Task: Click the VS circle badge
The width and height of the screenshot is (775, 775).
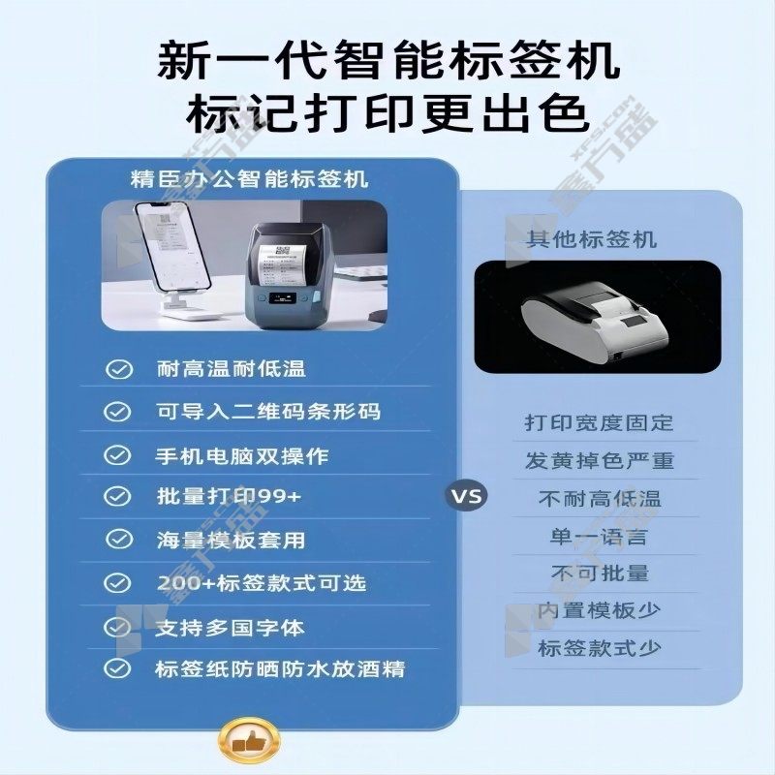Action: tap(466, 495)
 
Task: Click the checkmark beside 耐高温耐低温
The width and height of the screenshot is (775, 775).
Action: tap(118, 369)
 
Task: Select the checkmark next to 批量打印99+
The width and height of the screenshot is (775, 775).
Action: tap(117, 496)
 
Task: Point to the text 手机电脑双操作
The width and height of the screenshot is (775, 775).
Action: tap(242, 455)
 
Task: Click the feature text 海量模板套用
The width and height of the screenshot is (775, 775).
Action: tap(231, 540)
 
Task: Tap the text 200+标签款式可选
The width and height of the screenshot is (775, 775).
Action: tap(262, 583)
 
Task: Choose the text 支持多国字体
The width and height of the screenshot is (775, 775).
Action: tap(230, 628)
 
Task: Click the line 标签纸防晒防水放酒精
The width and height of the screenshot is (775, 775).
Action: tap(280, 669)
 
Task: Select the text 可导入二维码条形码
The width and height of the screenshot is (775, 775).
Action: tap(268, 412)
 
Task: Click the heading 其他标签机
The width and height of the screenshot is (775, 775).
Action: tap(591, 239)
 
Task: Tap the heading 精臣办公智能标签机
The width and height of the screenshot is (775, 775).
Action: tap(250, 179)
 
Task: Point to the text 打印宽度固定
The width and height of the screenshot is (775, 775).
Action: tap(599, 422)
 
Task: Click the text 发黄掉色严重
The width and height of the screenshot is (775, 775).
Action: tap(600, 461)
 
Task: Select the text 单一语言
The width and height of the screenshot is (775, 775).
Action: tap(599, 537)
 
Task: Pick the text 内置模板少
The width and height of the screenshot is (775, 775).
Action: tap(599, 610)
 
